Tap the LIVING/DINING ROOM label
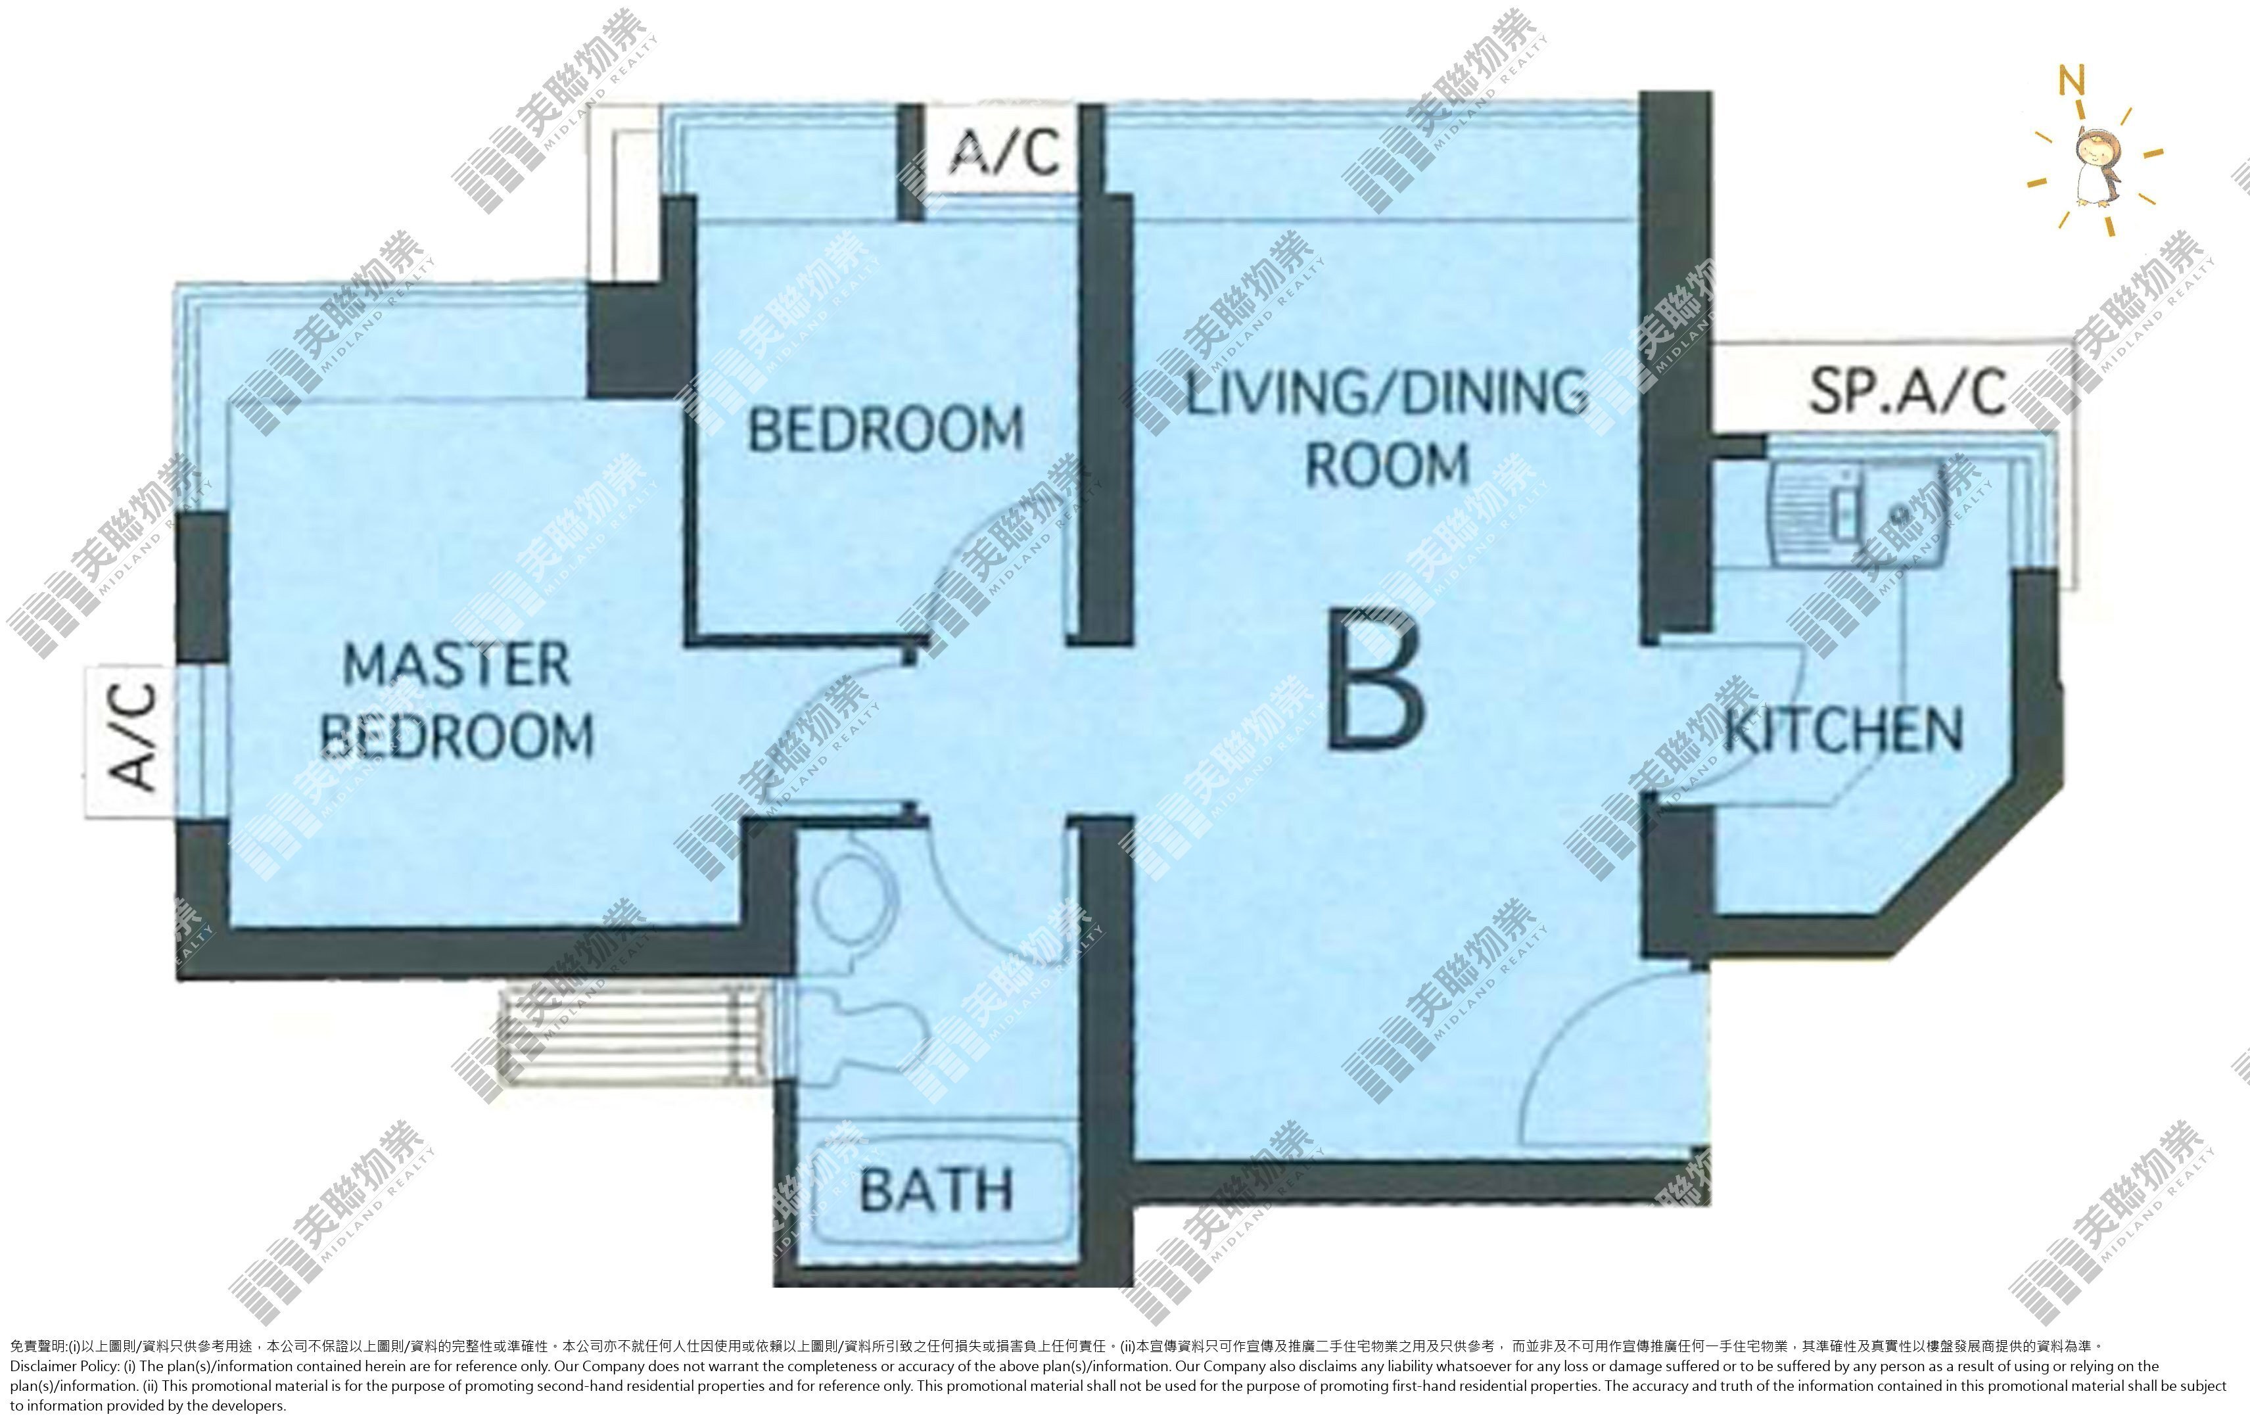[1387, 428]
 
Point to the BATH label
[935, 1190]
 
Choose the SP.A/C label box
[1906, 390]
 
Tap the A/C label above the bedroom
[1004, 151]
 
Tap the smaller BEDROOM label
[886, 429]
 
